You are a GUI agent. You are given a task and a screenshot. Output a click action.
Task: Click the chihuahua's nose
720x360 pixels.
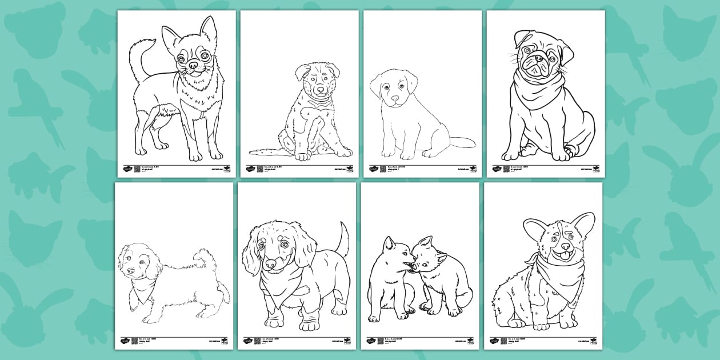click(x=194, y=66)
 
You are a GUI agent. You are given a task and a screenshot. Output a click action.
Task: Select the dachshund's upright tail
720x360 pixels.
click(x=343, y=240)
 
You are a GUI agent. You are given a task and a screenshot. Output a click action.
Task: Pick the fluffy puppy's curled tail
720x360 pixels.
click(x=201, y=258)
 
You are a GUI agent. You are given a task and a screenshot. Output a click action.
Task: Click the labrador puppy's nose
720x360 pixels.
click(x=395, y=98)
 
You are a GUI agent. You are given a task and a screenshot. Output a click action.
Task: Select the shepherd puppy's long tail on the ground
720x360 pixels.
click(x=266, y=151)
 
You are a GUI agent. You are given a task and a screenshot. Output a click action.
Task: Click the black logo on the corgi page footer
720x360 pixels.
click(x=495, y=341)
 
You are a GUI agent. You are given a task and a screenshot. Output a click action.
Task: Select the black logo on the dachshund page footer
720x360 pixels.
click(x=249, y=341)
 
